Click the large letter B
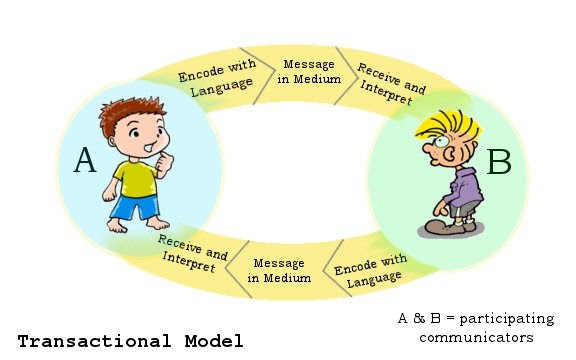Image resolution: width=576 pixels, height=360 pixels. click(498, 161)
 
